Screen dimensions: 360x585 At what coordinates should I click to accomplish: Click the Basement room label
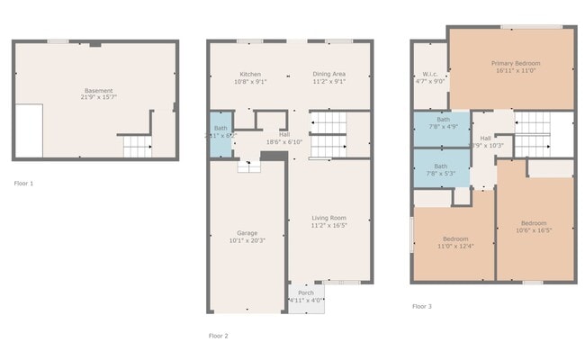pyautogui.click(x=99, y=90)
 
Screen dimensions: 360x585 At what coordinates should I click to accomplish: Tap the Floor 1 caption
pyautogui.click(x=23, y=183)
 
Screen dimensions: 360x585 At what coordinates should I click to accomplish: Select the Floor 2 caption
pyautogui.click(x=219, y=336)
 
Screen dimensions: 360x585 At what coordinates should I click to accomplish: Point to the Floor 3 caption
pyautogui.click(x=422, y=306)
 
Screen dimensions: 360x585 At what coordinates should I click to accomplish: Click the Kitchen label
pyautogui.click(x=250, y=74)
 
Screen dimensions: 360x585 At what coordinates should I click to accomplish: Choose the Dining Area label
pyautogui.click(x=328, y=74)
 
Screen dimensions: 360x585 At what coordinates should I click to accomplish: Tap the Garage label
pyautogui.click(x=247, y=233)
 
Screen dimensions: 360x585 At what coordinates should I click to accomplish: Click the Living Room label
pyautogui.click(x=328, y=218)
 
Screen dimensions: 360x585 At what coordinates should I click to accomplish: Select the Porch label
pyautogui.click(x=306, y=292)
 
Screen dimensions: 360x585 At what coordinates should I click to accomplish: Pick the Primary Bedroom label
pyautogui.click(x=516, y=63)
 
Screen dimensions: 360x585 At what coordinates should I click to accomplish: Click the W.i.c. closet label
pyautogui.click(x=428, y=74)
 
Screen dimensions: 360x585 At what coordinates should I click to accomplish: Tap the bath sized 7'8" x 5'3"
pyautogui.click(x=441, y=169)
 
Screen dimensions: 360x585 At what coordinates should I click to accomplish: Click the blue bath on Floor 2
pyautogui.click(x=220, y=131)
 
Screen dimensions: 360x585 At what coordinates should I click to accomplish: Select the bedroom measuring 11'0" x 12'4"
pyautogui.click(x=454, y=242)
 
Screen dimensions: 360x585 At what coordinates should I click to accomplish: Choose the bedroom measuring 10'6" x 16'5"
pyautogui.click(x=534, y=226)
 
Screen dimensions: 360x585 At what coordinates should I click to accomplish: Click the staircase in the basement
pyautogui.click(x=135, y=147)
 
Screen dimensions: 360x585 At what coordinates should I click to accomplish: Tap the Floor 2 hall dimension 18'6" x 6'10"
pyautogui.click(x=283, y=142)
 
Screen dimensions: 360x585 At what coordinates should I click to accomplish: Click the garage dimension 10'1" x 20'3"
pyautogui.click(x=247, y=240)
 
